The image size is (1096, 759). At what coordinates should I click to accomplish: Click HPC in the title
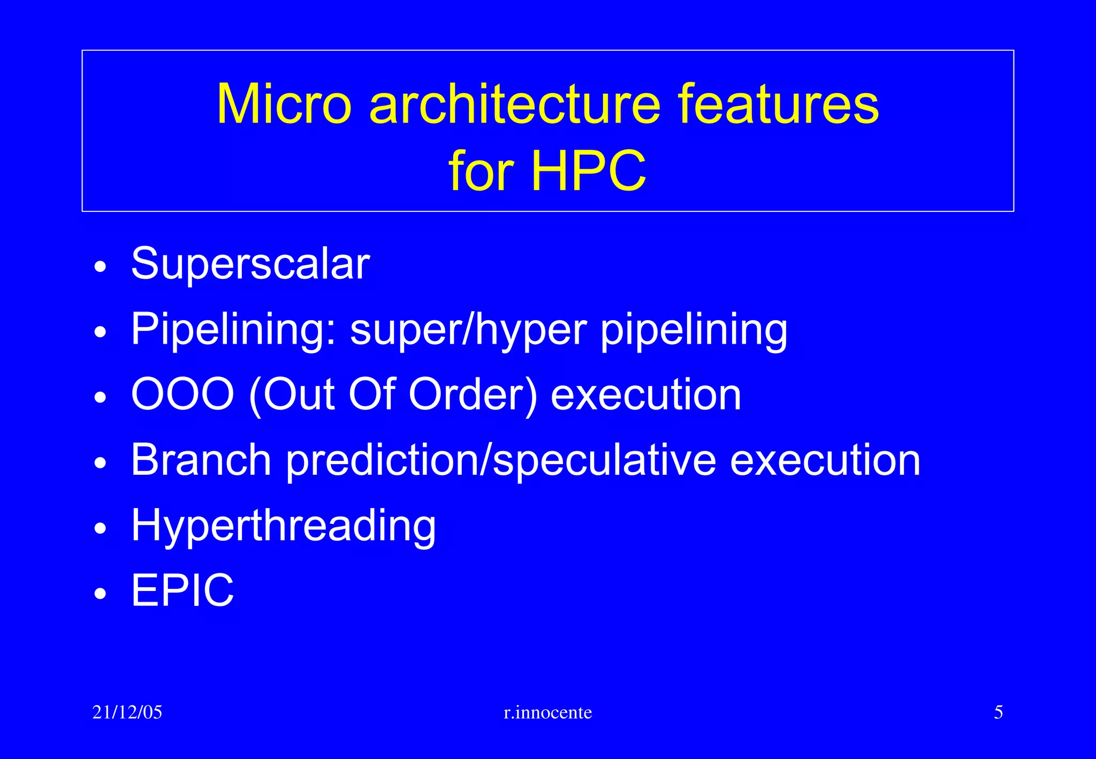(x=588, y=171)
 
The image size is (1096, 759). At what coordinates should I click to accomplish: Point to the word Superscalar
(x=250, y=263)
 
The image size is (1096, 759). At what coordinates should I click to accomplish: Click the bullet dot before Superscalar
(x=100, y=267)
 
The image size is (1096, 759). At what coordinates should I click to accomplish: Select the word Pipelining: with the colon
(x=234, y=329)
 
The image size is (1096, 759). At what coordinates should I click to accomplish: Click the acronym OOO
(x=182, y=394)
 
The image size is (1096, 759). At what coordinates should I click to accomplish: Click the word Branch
(x=201, y=460)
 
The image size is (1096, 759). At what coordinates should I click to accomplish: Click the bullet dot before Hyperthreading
(x=100, y=529)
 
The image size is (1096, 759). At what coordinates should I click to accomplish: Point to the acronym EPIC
(x=182, y=590)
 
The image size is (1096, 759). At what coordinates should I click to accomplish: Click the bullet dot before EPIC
(x=100, y=594)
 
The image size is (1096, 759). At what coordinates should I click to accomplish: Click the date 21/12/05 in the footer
(x=127, y=712)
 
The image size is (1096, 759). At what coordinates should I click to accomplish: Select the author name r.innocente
(x=548, y=712)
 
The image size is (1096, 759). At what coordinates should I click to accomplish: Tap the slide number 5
(x=998, y=712)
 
